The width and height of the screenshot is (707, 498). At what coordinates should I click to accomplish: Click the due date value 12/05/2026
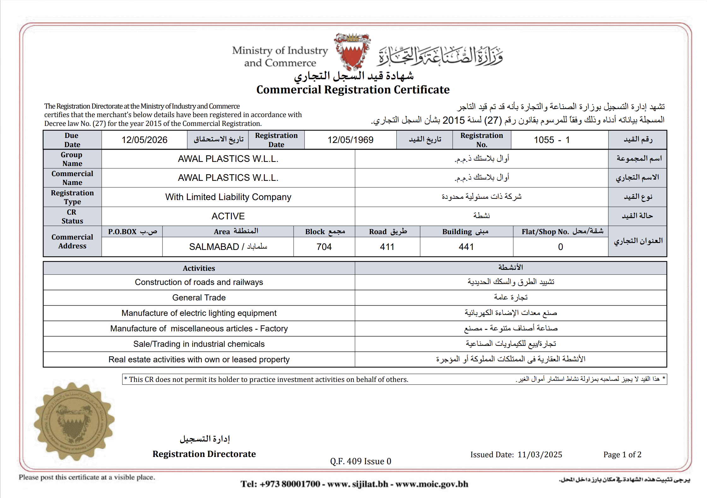[144, 140]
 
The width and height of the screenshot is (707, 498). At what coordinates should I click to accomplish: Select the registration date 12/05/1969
[350, 140]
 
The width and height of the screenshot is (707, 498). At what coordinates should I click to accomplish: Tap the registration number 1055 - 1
[552, 140]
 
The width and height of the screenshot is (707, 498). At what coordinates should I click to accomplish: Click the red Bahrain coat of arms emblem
[352, 51]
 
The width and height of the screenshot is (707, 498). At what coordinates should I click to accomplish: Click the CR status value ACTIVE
[228, 216]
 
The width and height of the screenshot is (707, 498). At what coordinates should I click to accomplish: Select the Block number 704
[324, 247]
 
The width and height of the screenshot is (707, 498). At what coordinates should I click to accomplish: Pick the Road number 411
[387, 247]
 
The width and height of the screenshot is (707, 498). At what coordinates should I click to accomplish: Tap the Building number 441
[466, 247]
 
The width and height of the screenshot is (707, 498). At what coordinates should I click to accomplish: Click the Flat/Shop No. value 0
[561, 247]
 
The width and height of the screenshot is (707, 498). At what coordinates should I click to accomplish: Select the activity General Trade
[199, 298]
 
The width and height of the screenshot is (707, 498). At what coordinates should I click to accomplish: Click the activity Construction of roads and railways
[199, 282]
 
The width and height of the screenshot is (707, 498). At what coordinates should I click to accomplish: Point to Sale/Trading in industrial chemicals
[199, 344]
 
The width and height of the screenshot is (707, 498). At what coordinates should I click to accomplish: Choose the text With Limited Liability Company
[228, 197]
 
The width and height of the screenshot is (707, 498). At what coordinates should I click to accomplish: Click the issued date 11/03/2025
[540, 454]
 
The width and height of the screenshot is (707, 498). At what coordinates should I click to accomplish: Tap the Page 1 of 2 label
[622, 454]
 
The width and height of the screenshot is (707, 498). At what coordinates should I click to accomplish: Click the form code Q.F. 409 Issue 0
[360, 461]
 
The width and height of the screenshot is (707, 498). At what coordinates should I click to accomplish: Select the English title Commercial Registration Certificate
[353, 90]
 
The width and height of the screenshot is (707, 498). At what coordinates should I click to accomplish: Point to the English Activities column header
[199, 268]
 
